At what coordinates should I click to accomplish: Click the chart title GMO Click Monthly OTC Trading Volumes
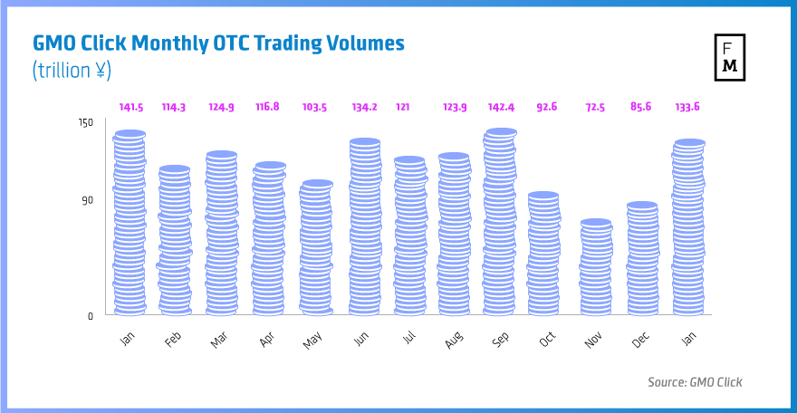point(218,43)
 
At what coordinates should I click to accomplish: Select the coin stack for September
point(500,222)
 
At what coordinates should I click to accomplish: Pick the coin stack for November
point(594,267)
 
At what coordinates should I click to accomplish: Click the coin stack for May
point(316,248)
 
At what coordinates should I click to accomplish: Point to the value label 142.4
point(500,107)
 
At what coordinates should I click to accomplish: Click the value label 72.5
point(594,107)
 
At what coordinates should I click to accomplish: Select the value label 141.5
point(130,107)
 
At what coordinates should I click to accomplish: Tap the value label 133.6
point(688,107)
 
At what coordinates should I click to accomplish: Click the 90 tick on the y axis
point(87,199)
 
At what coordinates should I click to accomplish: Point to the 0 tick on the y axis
point(91,316)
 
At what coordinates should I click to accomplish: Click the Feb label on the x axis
point(173,339)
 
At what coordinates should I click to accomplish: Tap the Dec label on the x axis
point(640,339)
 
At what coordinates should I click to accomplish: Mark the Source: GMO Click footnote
point(695,382)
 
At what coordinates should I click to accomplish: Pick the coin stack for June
point(364,226)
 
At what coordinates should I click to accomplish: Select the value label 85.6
point(641,107)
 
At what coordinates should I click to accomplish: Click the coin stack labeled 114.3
point(174,240)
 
